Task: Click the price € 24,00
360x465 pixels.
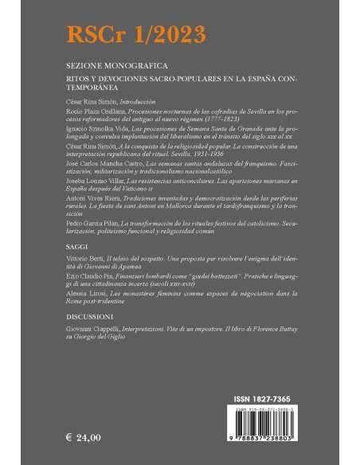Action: point(83,438)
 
